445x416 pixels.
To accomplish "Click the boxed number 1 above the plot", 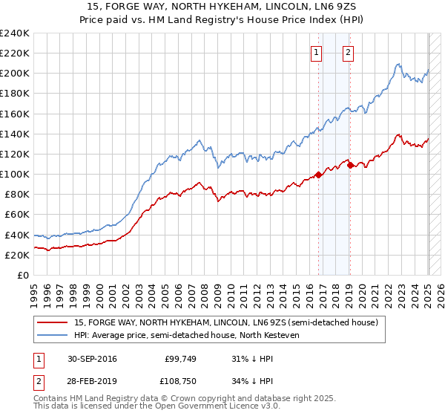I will point(317,52).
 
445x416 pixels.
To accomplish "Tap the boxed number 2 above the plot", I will point(348,52).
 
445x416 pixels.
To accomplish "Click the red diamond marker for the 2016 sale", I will point(319,175).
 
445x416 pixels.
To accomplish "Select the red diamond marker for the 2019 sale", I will point(350,166).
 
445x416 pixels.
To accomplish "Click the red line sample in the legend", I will point(53,322).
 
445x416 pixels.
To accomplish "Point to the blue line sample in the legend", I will point(53,335).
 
